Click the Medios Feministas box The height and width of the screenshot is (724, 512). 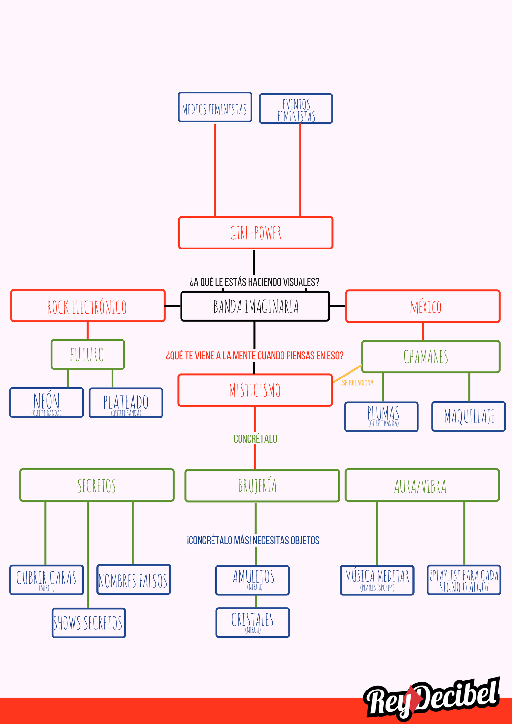(215, 107)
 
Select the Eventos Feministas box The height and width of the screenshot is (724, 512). (296, 109)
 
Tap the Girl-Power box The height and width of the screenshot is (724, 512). (256, 233)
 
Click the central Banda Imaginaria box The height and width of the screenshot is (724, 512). (255, 306)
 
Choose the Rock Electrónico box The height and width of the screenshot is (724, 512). (88, 306)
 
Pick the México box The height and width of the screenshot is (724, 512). (423, 306)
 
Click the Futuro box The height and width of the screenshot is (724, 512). (88, 355)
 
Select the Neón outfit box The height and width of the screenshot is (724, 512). (46, 403)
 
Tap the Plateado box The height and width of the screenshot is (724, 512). (126, 403)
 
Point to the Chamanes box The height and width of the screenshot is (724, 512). (431, 357)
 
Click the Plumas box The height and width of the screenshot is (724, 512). (381, 416)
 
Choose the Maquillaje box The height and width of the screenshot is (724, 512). (468, 416)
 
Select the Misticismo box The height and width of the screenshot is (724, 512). (255, 390)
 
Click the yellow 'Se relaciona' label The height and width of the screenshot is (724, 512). (358, 383)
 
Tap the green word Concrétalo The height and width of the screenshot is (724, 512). (255, 439)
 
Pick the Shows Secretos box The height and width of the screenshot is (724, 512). (89, 623)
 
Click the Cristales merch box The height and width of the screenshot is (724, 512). (253, 622)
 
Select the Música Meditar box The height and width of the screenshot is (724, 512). (377, 580)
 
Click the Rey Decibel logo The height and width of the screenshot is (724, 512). (432, 699)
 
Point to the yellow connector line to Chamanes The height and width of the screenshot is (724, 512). (347, 374)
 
